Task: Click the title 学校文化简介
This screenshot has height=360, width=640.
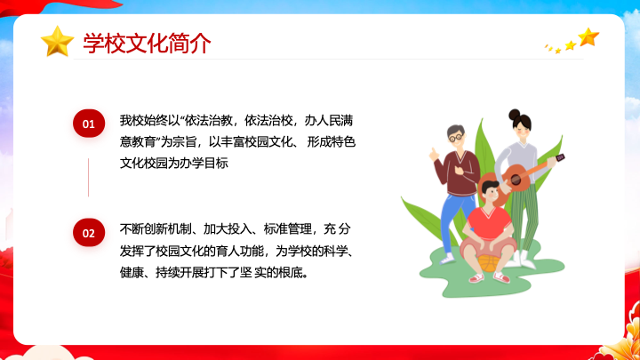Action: pos(147,44)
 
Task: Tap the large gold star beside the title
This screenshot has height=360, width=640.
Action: pos(57,41)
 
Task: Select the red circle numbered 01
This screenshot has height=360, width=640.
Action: pos(89,124)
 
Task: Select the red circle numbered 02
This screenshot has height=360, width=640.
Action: pos(89,233)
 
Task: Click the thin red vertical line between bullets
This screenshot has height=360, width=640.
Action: pos(88,178)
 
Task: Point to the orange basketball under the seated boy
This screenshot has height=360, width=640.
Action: pos(488,263)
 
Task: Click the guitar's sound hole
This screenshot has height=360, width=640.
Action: pos(516,179)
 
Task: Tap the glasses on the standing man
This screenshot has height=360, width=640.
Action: pos(456,138)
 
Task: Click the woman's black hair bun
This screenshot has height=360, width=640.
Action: pos(515,115)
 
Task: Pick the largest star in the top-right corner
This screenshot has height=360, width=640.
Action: pos(588,37)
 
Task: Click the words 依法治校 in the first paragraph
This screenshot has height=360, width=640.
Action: pos(268,120)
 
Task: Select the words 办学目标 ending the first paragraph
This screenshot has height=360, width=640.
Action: pos(204,163)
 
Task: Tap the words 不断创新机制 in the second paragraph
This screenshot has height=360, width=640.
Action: pos(156,229)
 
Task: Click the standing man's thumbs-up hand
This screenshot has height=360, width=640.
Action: pos(434,155)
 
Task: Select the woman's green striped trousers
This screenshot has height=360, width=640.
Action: pos(524,219)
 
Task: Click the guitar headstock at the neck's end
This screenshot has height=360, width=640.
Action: pos(560,157)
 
